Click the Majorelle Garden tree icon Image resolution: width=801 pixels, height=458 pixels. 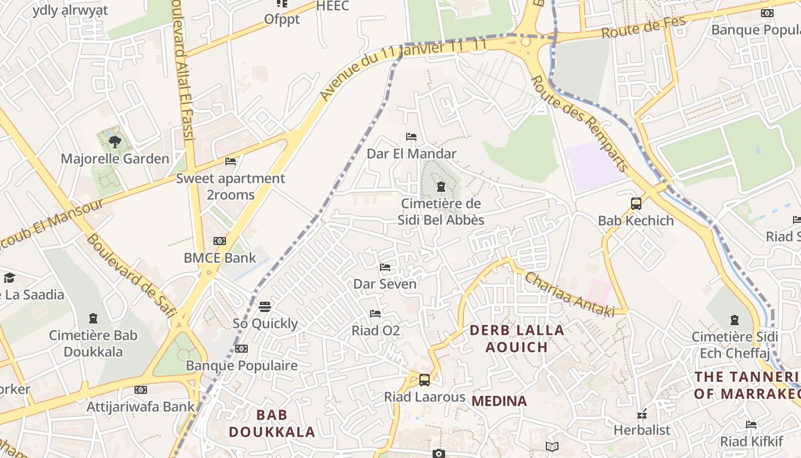(x=114, y=141)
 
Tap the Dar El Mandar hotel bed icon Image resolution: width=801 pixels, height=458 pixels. (x=411, y=137)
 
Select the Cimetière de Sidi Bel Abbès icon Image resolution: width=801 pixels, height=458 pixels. (x=441, y=187)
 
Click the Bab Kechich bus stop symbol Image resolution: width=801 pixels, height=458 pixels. (x=636, y=203)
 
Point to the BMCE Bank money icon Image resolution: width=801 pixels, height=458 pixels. (x=220, y=241)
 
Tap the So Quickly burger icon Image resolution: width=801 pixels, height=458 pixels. (x=264, y=307)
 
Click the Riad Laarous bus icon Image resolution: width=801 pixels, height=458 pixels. (x=425, y=380)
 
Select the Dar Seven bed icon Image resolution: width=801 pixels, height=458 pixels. (x=385, y=267)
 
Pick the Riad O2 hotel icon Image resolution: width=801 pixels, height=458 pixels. (x=375, y=314)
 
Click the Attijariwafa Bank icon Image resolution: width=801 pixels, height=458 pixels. (x=141, y=390)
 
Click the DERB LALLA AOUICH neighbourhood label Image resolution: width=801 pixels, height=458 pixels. (x=517, y=338)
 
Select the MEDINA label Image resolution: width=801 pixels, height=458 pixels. (x=499, y=401)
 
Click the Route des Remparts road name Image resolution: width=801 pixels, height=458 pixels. (x=580, y=123)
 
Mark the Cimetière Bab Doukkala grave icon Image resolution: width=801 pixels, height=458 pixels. (x=93, y=318)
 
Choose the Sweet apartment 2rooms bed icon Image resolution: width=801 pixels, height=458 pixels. (x=231, y=161)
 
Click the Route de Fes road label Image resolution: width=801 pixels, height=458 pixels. (x=635, y=26)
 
